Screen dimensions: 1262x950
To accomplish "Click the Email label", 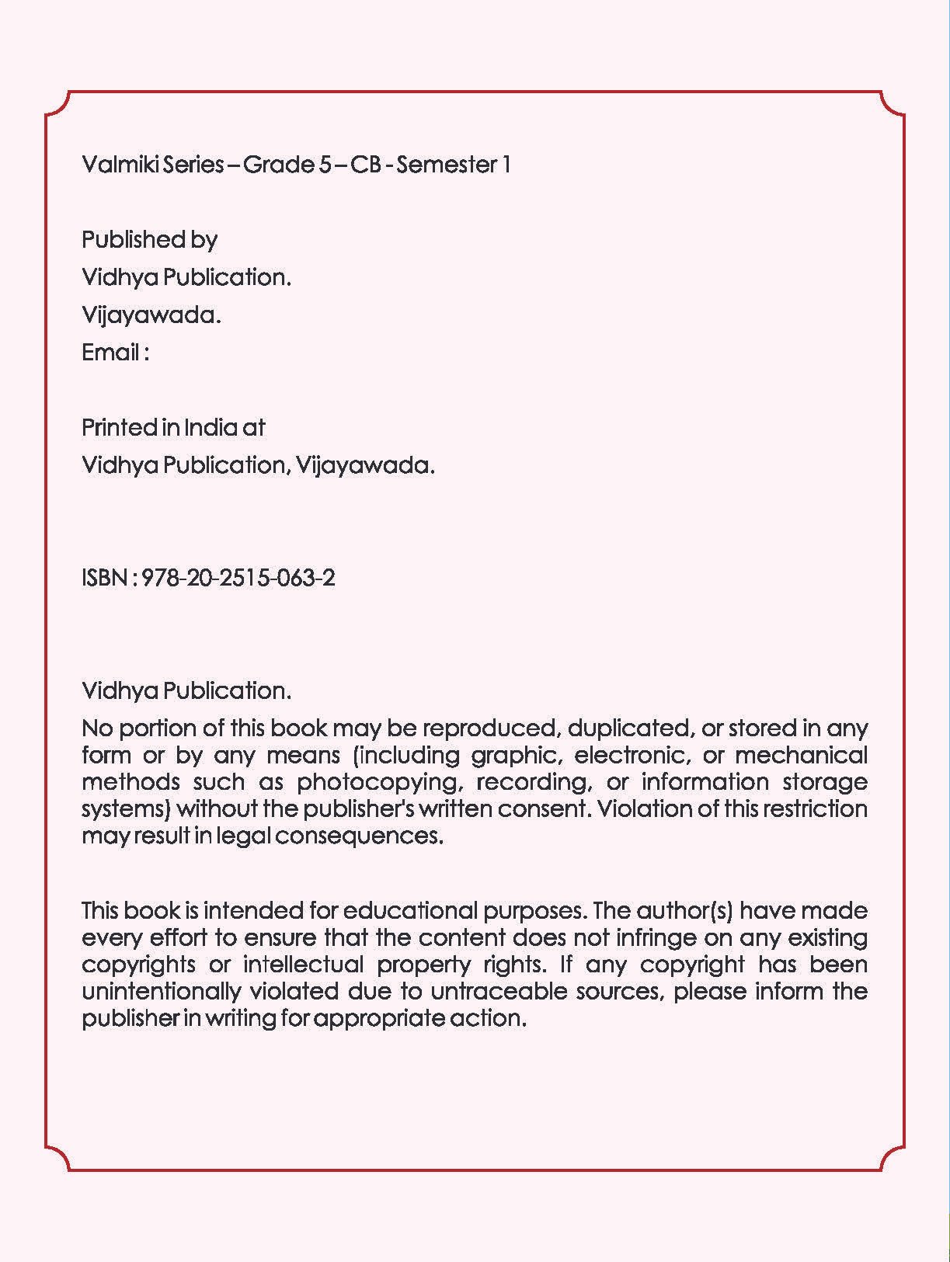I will click(x=111, y=353).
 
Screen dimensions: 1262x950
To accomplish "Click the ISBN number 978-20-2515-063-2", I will click(x=238, y=578).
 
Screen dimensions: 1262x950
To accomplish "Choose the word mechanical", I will click(x=801, y=755).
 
